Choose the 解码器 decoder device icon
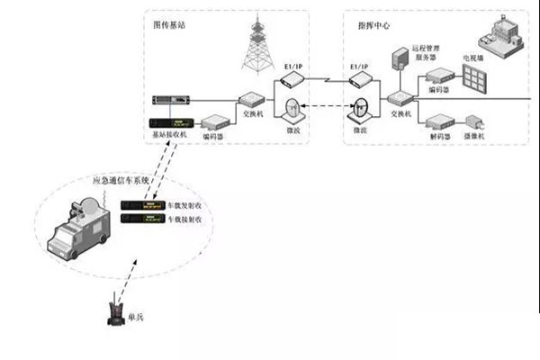pos(440,120)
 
